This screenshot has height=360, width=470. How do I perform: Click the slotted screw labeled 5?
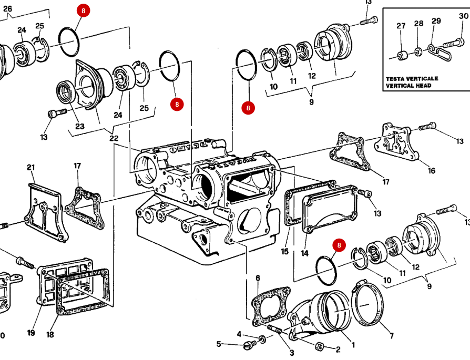pyautogui.click(x=250, y=345)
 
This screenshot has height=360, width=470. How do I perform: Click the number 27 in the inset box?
pyautogui.click(x=401, y=26)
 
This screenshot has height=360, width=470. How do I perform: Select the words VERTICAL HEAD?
pyautogui.click(x=408, y=86)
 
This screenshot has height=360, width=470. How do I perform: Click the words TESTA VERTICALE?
pyautogui.click(x=412, y=78)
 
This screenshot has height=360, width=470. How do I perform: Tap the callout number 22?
pyautogui.click(x=114, y=138)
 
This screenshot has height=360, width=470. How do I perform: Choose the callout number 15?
pyautogui.click(x=284, y=252)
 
